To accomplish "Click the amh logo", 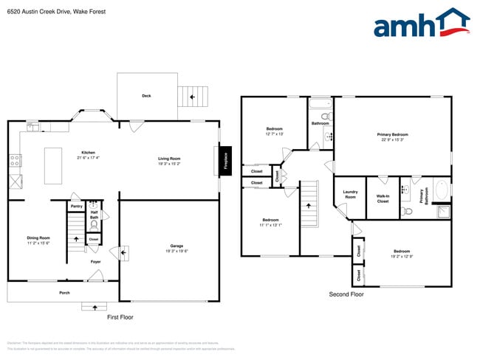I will tap(421, 24).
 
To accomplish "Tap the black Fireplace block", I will tap(225, 159).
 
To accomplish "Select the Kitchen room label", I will tap(88, 152).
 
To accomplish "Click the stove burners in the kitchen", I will tap(15, 159).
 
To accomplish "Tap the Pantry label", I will tap(77, 207).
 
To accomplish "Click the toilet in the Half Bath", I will tap(95, 226).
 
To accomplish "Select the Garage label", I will tap(176, 246).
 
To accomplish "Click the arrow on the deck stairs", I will tap(194, 96).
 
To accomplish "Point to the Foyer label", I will tap(96, 261).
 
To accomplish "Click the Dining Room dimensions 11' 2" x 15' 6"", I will tap(38, 243).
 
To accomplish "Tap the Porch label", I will tap(65, 293).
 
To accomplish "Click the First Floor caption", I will tap(120, 316).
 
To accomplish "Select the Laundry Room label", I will tap(350, 195).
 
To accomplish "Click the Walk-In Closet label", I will tap(383, 198).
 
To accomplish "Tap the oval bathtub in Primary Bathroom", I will tap(442, 191).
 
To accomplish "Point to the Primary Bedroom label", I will tap(392, 134).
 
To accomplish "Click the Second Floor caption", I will tap(346, 294).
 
